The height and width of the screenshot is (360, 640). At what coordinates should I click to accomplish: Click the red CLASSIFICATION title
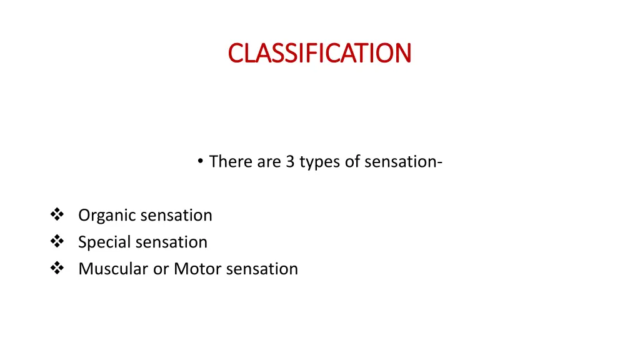[x=319, y=53]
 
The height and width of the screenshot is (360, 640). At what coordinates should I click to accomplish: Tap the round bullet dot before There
[x=199, y=161]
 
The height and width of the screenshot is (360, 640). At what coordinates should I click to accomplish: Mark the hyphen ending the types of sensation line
[x=441, y=162]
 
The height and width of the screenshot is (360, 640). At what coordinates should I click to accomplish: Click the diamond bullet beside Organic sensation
[x=57, y=215]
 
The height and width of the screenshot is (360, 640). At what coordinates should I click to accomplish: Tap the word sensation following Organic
[x=176, y=215]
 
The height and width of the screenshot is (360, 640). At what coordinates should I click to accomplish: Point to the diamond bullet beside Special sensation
[x=57, y=242]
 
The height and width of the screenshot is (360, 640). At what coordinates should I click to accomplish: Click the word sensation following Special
[x=171, y=242]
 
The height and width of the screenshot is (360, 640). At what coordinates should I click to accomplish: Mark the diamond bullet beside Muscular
[x=57, y=269]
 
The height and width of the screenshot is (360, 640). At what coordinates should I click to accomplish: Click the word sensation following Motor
[x=262, y=269]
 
